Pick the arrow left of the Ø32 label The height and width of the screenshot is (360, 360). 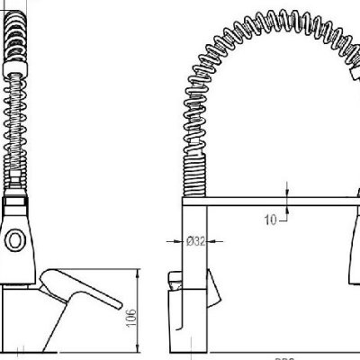point(172,241)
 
